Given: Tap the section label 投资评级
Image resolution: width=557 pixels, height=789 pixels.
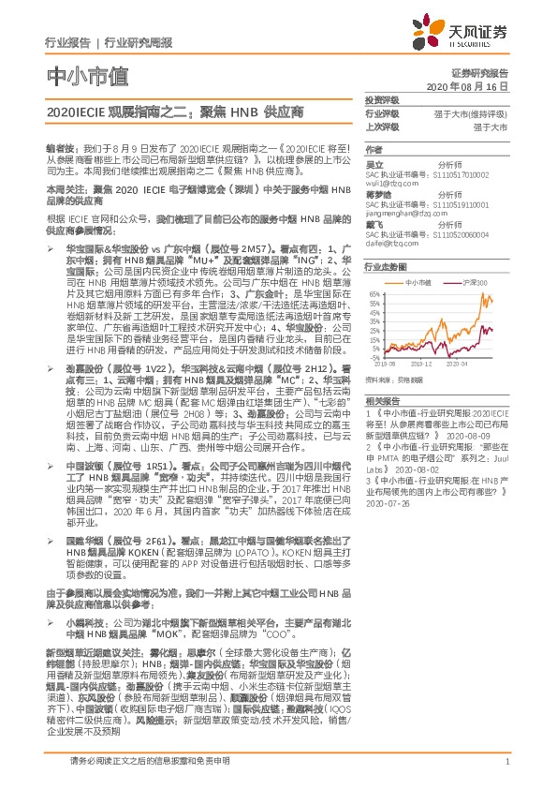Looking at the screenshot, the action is point(382,99).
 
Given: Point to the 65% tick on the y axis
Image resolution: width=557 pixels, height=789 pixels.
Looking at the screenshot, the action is point(374,293).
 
